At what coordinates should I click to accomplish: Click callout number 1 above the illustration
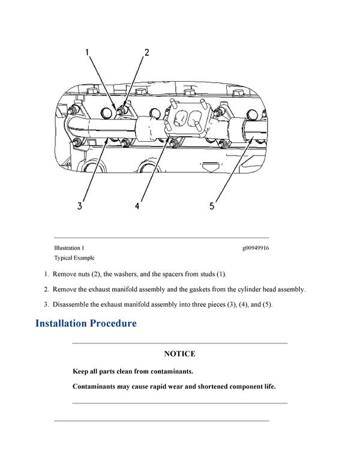click(x=87, y=53)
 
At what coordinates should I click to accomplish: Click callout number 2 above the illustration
click(x=146, y=53)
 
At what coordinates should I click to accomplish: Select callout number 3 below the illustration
click(x=79, y=206)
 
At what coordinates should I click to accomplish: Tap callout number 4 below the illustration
click(x=137, y=206)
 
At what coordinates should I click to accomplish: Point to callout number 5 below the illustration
click(x=211, y=206)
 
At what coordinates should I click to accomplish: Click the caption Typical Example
click(x=74, y=258)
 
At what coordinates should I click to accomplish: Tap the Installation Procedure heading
click(x=86, y=324)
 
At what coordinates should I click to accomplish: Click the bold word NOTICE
click(x=179, y=354)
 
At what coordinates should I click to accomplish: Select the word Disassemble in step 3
click(x=74, y=304)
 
